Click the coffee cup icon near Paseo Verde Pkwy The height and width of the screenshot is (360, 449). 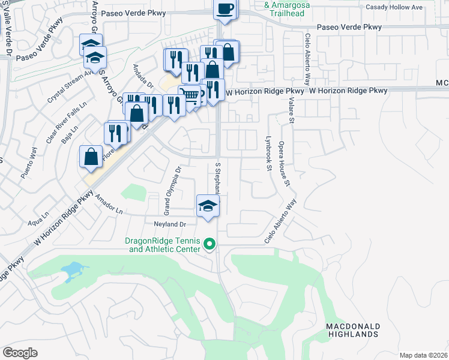coord(226,8)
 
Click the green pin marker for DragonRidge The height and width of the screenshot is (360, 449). coord(209,244)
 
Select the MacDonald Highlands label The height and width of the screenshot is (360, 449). coord(353,329)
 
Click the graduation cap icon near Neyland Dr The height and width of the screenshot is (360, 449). coord(208,206)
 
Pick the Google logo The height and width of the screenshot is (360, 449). coord(20,353)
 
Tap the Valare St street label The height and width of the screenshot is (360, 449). coord(292,112)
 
